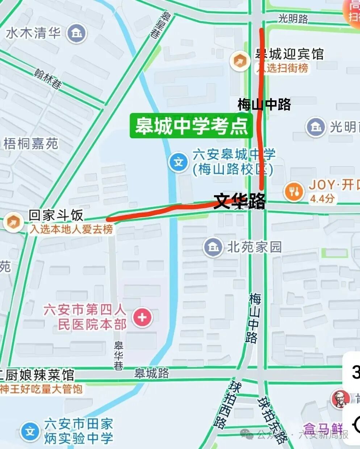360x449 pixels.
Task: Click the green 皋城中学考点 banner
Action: (191, 126)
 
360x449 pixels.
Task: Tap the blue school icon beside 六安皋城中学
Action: (179, 161)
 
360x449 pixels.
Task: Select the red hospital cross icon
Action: (142, 317)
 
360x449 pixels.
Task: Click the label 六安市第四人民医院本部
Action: (85, 317)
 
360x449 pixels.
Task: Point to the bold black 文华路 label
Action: (240, 201)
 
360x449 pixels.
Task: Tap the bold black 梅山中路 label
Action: (264, 104)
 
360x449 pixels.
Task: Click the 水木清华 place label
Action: (33, 33)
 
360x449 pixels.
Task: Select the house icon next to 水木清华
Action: (77, 34)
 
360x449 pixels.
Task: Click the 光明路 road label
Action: (293, 18)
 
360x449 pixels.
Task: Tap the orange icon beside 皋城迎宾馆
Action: (240, 61)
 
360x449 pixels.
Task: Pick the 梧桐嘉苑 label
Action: (31, 144)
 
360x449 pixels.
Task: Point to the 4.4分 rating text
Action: (322, 198)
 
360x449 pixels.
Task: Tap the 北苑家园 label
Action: (254, 247)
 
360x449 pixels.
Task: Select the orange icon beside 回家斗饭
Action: (13, 222)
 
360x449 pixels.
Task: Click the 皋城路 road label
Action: (152, 373)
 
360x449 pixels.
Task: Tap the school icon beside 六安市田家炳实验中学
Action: (30, 431)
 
